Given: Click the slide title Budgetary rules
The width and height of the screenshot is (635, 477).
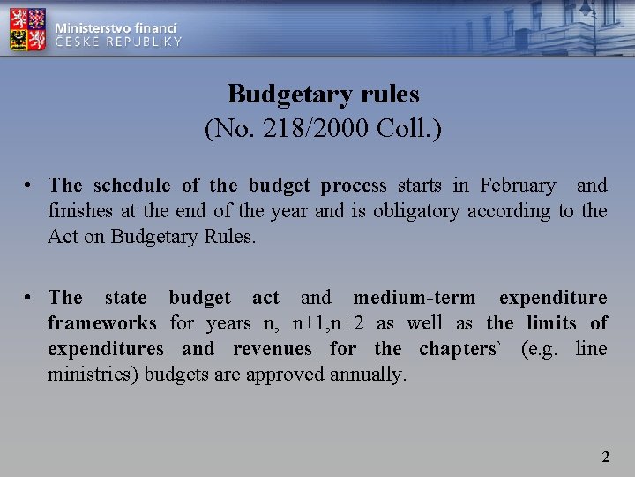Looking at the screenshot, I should [323, 94].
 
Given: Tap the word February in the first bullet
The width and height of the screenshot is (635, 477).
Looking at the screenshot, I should [518, 185].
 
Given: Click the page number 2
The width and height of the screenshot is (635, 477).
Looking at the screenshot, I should [605, 457].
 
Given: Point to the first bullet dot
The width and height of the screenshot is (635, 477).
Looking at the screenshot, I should [29, 186].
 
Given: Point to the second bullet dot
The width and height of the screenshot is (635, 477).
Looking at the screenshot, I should [29, 299].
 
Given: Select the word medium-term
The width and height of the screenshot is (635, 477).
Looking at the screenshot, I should [414, 299].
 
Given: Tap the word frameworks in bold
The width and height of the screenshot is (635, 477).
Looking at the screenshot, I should [102, 324].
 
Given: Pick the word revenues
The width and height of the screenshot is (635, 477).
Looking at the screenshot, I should [272, 349].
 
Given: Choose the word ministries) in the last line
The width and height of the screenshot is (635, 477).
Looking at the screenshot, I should [93, 375].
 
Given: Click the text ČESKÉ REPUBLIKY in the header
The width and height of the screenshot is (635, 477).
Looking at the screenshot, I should [118, 42].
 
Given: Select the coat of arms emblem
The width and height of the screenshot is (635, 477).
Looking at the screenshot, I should [28, 29].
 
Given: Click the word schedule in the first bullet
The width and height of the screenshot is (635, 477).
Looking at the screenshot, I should [133, 185].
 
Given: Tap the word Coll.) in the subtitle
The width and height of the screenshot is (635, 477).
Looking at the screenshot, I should [409, 129].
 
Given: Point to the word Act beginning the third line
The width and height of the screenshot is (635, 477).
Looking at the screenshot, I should [62, 237].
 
